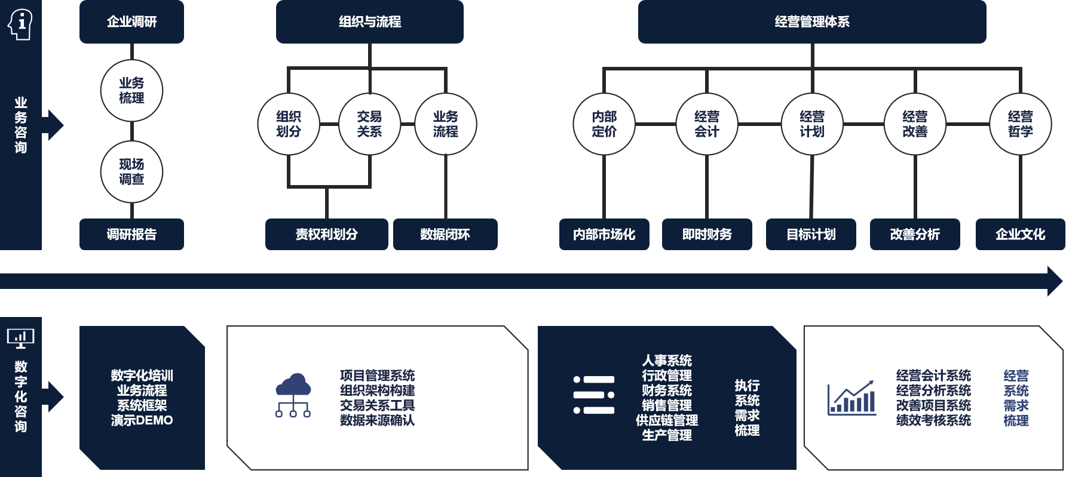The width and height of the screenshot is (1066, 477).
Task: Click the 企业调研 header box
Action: point(131,22)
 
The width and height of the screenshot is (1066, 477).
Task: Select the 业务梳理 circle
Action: point(131,91)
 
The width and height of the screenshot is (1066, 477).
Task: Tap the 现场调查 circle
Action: point(131,172)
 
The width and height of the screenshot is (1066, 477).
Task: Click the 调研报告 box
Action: point(131,235)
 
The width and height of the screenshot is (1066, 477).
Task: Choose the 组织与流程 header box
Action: point(370,22)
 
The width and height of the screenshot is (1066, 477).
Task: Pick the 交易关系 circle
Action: point(369,124)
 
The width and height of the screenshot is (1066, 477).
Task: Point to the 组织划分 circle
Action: point(289,124)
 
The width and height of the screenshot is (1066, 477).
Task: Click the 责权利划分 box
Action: point(326,235)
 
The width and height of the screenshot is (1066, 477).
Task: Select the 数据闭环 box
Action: point(445,235)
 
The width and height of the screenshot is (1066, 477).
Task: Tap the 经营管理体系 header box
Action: point(812,22)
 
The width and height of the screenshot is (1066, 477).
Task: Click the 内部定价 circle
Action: point(604,124)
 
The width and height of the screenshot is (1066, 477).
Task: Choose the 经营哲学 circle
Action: point(1020,124)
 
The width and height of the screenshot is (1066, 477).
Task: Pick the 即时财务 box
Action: point(707,235)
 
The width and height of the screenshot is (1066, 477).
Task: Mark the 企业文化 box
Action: point(1020,235)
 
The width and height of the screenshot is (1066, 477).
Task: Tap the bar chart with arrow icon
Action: point(851,398)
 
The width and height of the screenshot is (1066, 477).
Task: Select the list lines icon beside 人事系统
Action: point(594,395)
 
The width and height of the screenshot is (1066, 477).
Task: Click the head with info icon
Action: point(20,24)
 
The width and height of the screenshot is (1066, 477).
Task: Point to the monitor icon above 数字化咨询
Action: point(20,338)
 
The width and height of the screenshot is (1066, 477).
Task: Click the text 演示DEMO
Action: point(142,420)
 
